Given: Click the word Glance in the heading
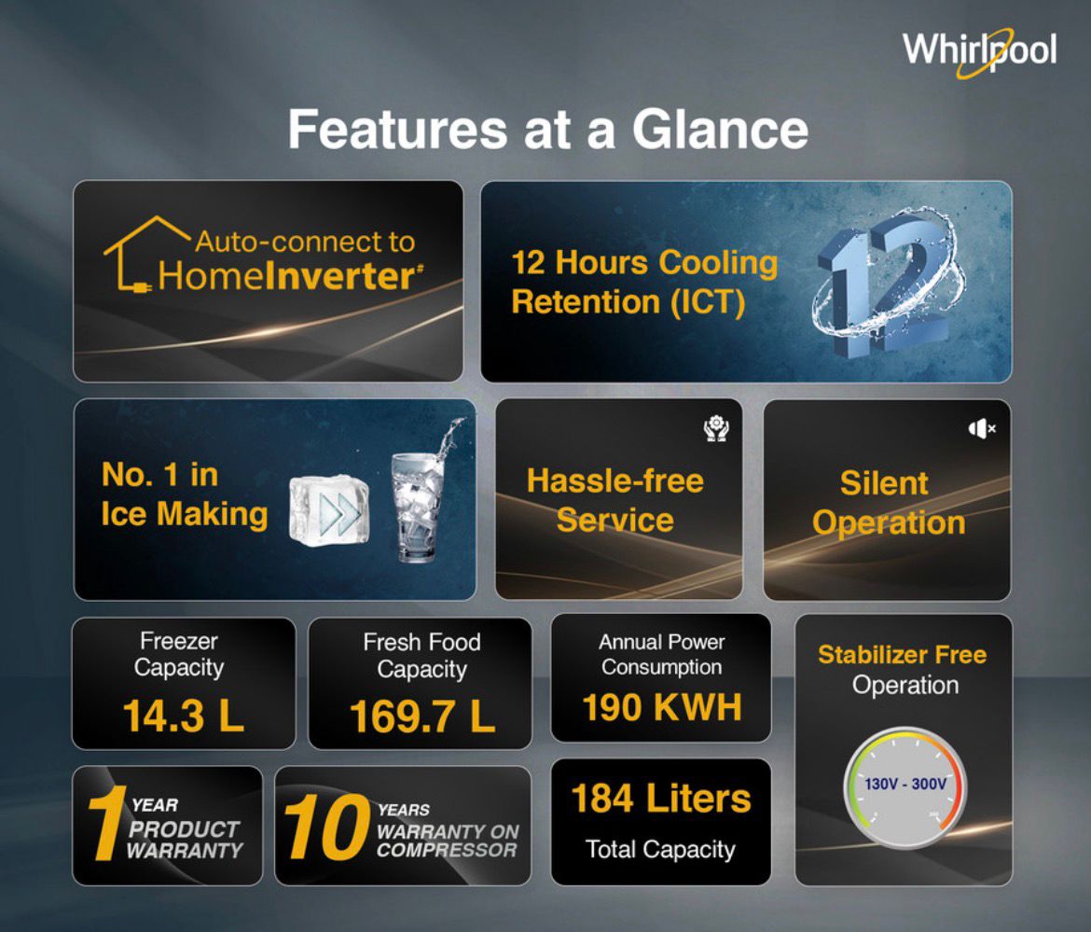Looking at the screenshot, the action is (720, 130).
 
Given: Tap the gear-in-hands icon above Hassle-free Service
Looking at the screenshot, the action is (715, 428).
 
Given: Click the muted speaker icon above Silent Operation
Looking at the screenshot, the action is (982, 429).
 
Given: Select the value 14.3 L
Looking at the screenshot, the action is (184, 716).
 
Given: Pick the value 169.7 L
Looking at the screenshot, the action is (422, 716).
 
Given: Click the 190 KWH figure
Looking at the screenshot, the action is (662, 707).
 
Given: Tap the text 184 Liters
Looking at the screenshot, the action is (661, 798).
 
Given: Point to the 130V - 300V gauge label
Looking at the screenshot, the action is (905, 784).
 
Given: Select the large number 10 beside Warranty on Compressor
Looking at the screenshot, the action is (326, 827).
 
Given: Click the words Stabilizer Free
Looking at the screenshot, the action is (903, 654).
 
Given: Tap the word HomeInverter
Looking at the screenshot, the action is (290, 275).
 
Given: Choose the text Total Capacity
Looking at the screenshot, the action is (660, 850).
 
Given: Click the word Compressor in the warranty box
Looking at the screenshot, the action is (447, 850).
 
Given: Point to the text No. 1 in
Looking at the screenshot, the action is (160, 476).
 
